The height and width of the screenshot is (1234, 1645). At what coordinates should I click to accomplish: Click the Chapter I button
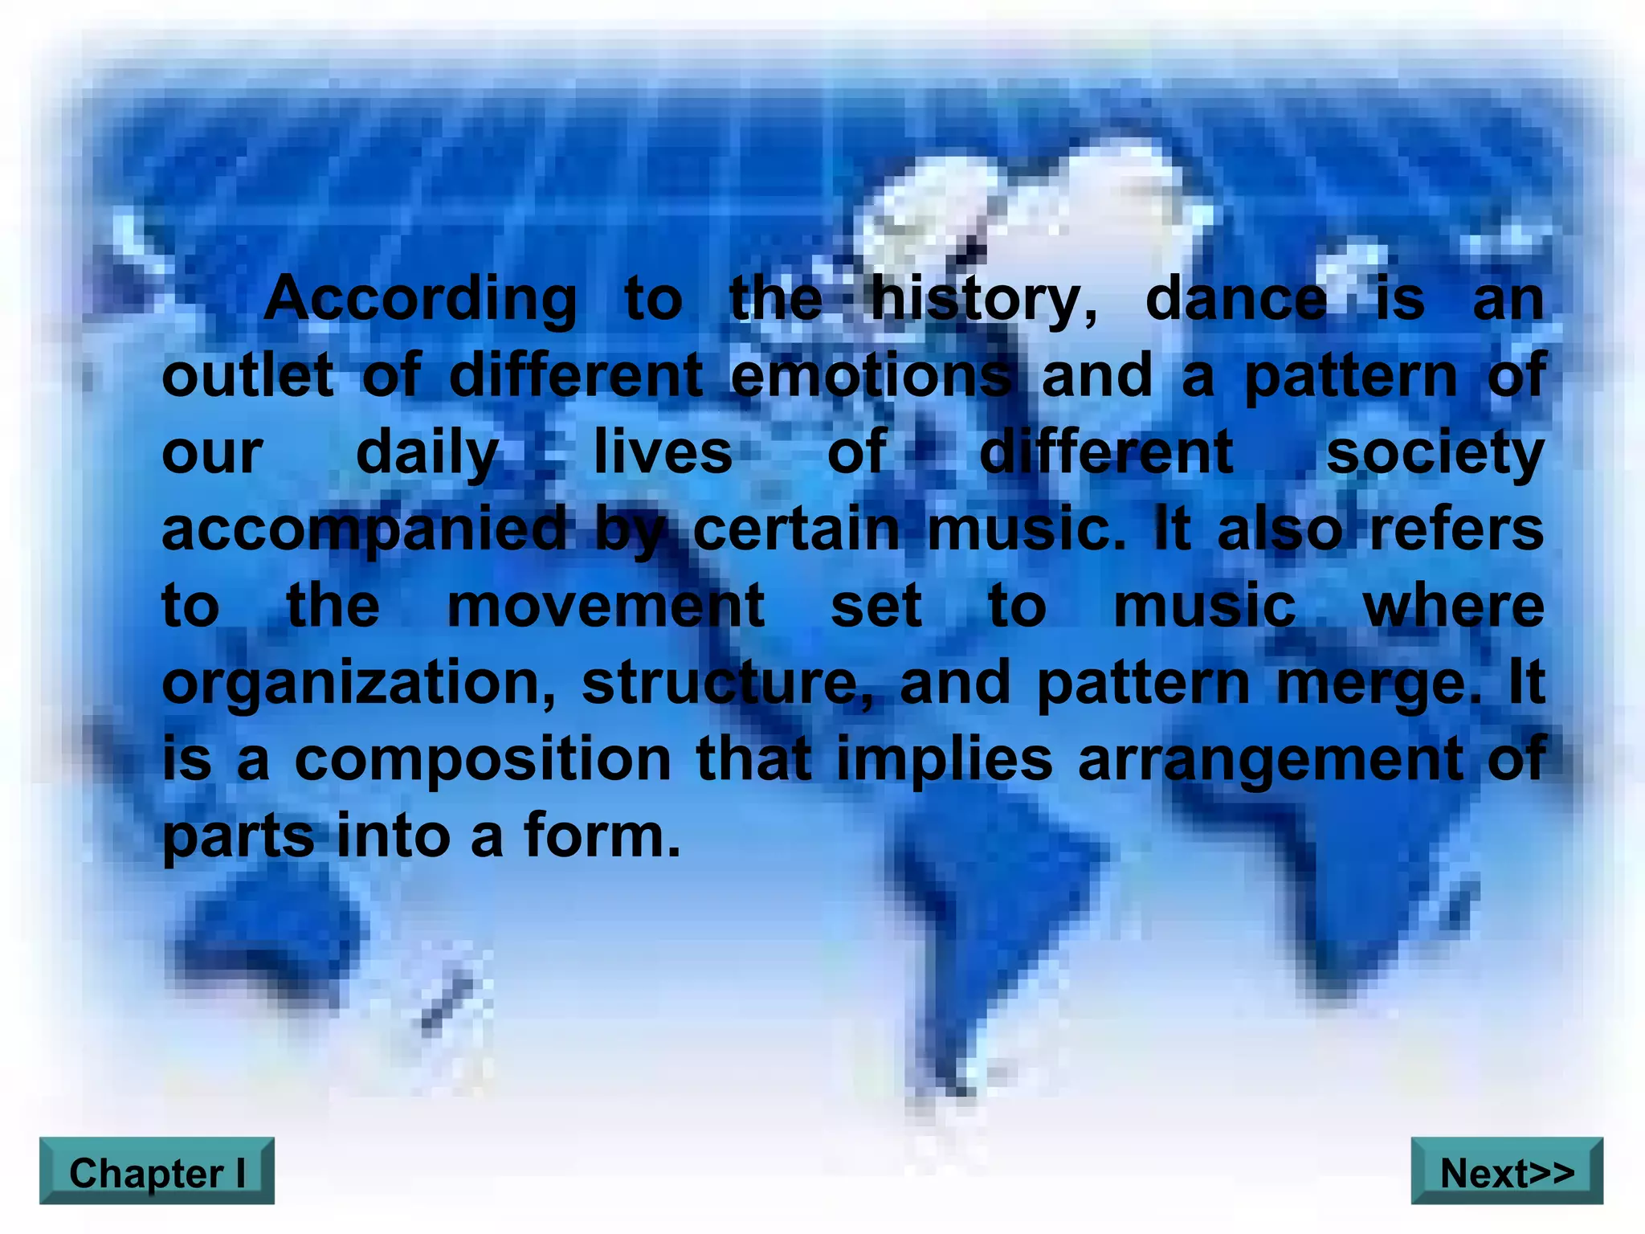click(x=157, y=1172)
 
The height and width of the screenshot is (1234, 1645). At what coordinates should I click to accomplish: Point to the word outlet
click(x=247, y=375)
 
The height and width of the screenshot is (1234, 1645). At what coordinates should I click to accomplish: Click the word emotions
click(x=871, y=375)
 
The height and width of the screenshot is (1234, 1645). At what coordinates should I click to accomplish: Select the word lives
click(x=663, y=452)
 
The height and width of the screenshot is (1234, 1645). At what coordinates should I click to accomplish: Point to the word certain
click(x=796, y=529)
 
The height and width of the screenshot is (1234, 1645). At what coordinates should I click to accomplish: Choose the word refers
click(x=1456, y=529)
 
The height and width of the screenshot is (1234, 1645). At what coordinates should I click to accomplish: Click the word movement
click(x=606, y=607)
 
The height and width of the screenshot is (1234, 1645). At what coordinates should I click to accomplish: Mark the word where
click(x=1454, y=607)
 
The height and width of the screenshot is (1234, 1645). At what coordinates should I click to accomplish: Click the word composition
click(x=483, y=759)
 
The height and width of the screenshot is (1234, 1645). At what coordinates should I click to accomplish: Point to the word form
click(x=602, y=836)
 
